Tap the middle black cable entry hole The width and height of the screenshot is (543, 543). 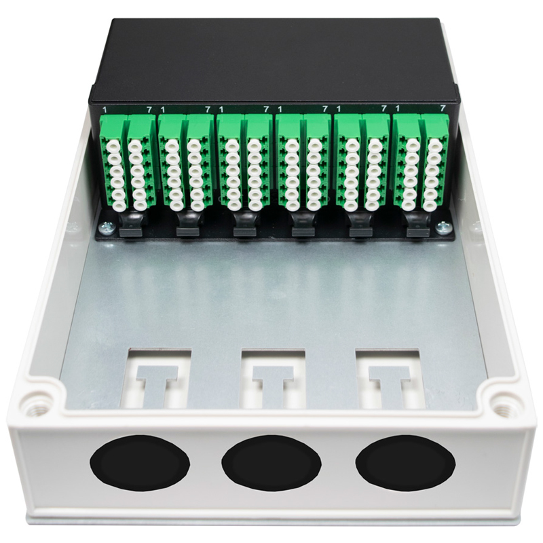[271, 464]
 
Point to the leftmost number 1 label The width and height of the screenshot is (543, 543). [104, 109]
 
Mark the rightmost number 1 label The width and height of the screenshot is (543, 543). [397, 108]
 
